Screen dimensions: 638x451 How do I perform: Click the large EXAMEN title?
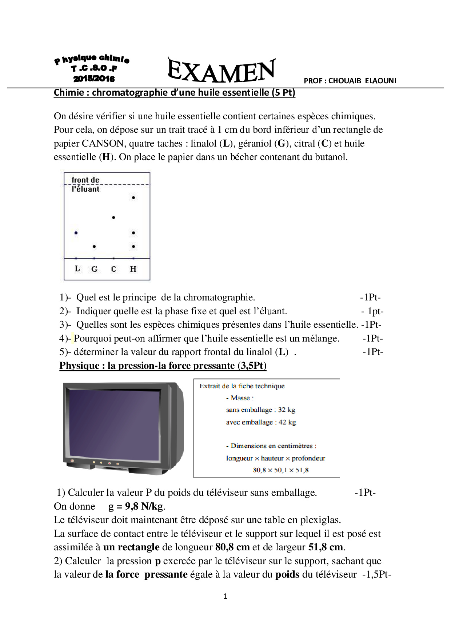click(221, 71)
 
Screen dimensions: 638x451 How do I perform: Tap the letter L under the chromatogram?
click(77, 269)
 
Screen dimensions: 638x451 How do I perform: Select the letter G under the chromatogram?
click(94, 269)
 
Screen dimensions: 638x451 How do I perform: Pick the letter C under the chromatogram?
click(113, 269)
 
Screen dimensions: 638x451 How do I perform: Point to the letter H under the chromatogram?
click(133, 269)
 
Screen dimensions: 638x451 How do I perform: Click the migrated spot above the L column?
click(76, 233)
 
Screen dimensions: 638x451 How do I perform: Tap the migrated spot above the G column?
click(94, 247)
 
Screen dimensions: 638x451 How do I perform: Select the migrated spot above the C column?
click(114, 218)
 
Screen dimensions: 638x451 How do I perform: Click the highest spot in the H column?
click(133, 198)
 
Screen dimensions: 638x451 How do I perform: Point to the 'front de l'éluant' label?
click(85, 184)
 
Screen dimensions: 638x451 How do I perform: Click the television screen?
click(114, 425)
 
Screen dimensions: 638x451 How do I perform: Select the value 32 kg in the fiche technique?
click(287, 410)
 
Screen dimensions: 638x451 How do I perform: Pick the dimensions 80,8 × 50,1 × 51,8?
click(280, 470)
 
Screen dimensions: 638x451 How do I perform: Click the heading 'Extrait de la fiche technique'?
click(242, 386)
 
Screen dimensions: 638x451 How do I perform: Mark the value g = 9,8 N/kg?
click(136, 506)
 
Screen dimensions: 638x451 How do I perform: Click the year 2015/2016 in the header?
click(94, 79)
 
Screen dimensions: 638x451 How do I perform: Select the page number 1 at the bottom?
click(225, 596)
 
